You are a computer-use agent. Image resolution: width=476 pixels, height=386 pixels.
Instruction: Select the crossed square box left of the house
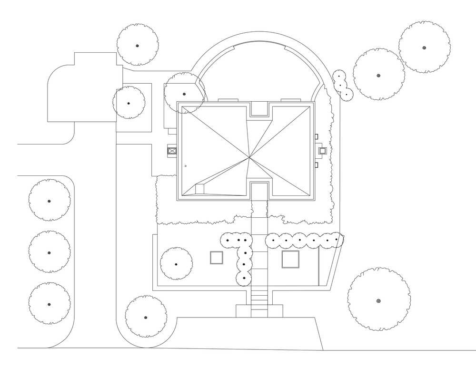coord(172,152)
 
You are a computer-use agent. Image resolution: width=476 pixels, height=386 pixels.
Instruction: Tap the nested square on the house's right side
coord(322,151)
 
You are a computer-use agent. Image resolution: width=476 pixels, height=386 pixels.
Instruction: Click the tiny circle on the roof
coord(185,166)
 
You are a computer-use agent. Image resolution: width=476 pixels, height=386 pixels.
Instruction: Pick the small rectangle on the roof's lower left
coord(199,189)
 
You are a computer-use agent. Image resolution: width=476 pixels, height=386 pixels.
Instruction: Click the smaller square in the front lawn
coord(217,258)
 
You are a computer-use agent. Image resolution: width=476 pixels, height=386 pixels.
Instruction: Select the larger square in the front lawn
coord(290,260)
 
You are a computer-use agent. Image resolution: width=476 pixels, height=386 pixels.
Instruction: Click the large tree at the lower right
coord(379,300)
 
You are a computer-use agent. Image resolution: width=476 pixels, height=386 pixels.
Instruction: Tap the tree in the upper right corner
coord(424,47)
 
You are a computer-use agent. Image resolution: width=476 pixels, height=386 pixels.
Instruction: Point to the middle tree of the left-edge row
coord(49,252)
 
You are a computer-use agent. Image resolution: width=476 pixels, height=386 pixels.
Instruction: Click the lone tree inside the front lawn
coord(176,264)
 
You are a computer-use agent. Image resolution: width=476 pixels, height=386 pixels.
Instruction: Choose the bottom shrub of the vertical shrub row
coord(244,278)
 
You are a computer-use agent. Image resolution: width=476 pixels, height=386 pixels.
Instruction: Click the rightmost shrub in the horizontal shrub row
coord(337,240)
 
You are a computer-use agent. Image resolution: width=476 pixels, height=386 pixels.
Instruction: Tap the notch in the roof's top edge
coord(259,109)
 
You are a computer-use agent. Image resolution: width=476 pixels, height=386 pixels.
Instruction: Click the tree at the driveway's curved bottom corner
coord(146,317)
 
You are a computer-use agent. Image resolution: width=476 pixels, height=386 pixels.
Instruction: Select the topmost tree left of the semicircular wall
coord(138,46)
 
